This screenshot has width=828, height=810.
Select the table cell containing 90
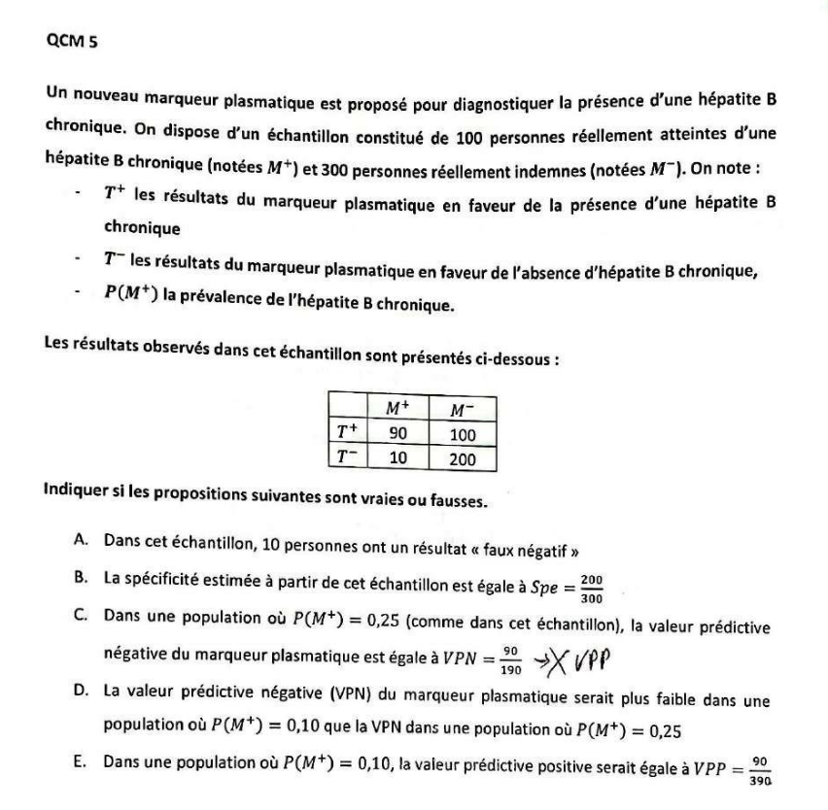coord(397,436)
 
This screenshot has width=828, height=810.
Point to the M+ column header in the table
coord(397,415)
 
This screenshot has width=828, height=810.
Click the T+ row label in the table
coord(346,436)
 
